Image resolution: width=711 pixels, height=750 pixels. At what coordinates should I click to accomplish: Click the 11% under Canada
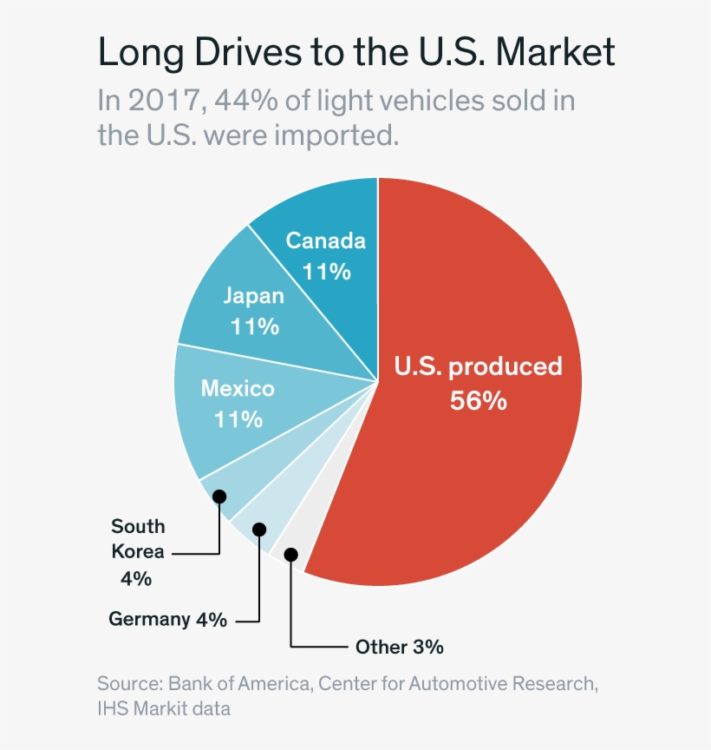click(326, 272)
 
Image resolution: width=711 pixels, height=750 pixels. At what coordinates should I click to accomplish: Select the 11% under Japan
click(254, 327)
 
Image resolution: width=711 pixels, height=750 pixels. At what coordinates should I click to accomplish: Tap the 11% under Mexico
click(238, 419)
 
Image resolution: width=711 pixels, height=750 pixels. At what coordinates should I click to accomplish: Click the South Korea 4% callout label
click(138, 551)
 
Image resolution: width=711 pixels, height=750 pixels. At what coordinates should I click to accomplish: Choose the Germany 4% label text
click(167, 620)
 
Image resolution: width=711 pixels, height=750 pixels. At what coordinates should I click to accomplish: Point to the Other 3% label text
click(399, 647)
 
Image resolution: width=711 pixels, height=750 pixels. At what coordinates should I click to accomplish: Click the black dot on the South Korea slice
click(219, 497)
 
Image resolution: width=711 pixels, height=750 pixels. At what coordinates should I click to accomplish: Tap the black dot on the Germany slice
click(259, 529)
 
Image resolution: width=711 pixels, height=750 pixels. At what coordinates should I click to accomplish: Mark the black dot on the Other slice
click(291, 554)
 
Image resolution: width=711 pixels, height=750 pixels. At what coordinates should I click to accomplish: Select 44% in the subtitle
click(248, 101)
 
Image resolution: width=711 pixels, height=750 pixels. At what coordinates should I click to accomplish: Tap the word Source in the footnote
click(128, 683)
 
